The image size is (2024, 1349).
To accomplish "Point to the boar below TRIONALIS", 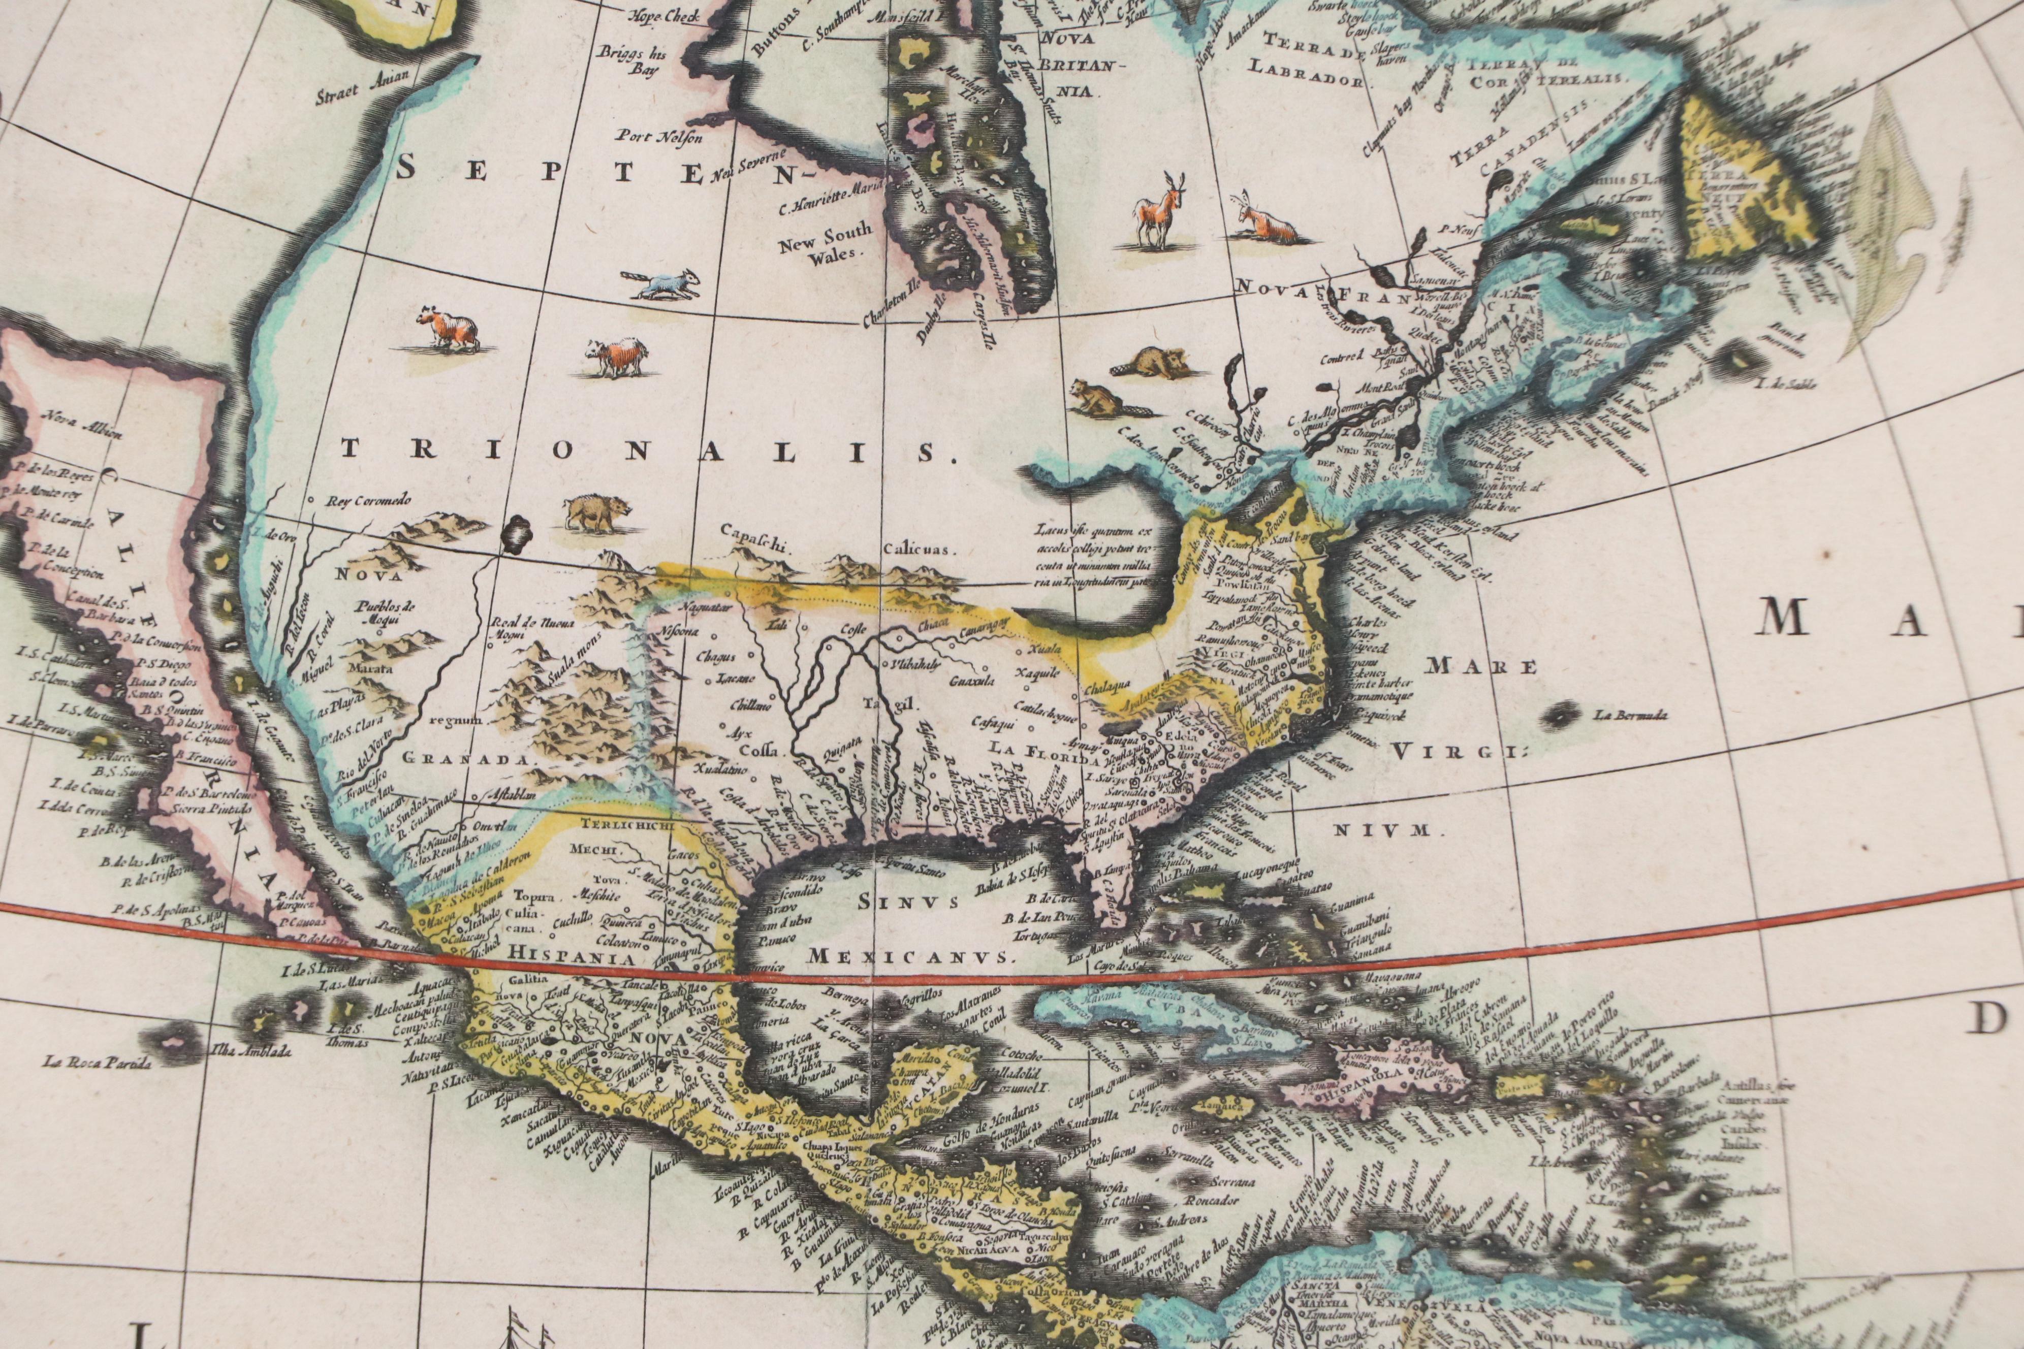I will point(595,513).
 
